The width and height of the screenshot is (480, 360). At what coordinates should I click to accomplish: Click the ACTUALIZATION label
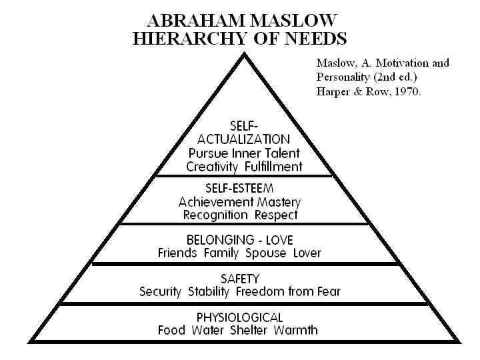244,139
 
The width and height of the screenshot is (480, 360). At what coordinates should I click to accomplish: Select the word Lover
306,253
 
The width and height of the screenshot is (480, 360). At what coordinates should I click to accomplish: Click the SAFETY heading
240,278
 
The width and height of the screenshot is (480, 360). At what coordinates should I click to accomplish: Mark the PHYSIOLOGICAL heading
239,317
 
